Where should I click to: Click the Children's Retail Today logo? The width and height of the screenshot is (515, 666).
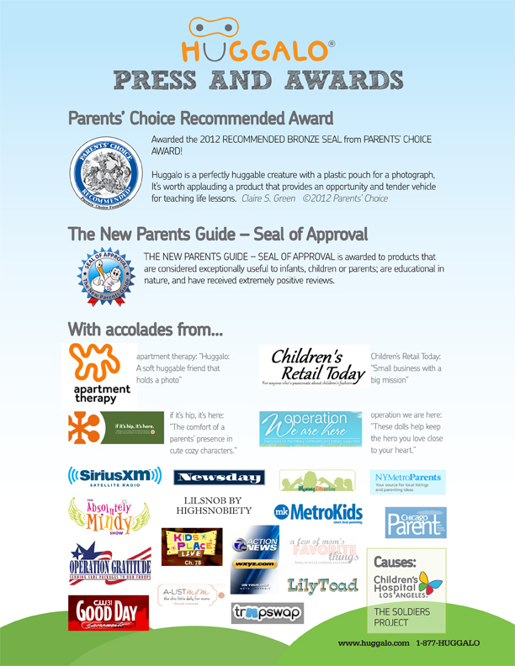point(313,367)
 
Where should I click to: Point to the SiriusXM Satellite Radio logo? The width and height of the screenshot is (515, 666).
point(114,477)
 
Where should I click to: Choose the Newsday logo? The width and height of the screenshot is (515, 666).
point(219,478)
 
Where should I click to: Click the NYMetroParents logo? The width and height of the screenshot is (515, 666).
point(407,482)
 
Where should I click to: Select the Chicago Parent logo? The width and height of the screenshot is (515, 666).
point(416,522)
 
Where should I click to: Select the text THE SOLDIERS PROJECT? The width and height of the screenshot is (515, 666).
point(402,618)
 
